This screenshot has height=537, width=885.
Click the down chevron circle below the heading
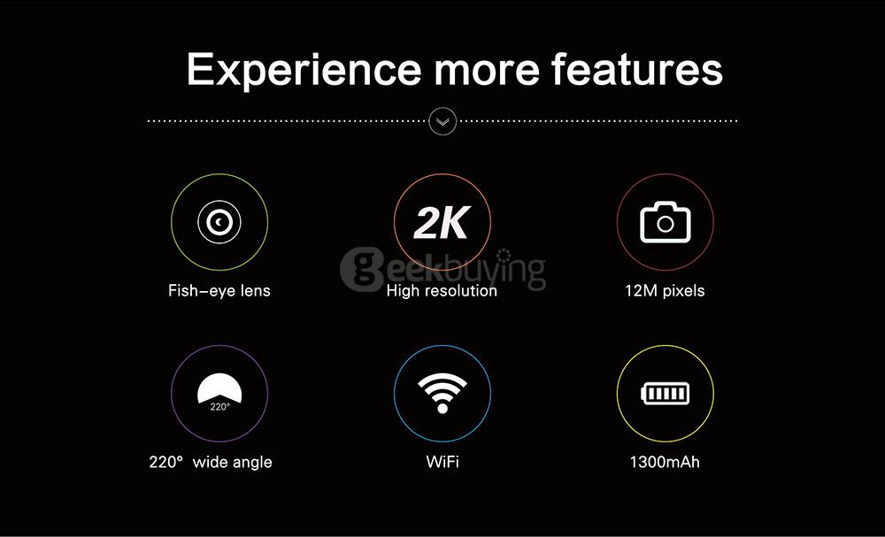442,120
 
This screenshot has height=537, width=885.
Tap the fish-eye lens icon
219,222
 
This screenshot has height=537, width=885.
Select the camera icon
665,223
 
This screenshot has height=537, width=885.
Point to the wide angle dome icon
219,392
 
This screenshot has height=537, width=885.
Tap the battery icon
665,393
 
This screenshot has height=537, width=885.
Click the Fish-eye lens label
219,290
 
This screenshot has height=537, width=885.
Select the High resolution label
442,290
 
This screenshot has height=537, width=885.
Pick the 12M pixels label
665,290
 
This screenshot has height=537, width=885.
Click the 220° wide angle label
211,462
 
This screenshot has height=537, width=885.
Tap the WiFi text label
442,462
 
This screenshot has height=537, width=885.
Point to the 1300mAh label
665,462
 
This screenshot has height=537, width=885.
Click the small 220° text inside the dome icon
219,406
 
